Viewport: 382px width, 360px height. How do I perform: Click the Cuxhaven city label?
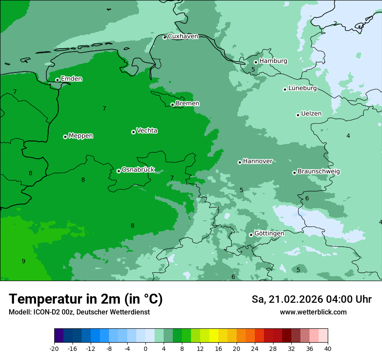[183, 36]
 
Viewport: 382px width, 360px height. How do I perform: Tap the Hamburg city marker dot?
[256, 62]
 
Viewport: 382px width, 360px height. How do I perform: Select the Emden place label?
[71, 79]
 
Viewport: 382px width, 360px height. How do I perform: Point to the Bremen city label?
[188, 104]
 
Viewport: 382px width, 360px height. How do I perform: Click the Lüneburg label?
[302, 88]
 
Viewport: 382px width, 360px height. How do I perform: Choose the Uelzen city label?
[311, 114]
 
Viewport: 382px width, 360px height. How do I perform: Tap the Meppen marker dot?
[65, 137]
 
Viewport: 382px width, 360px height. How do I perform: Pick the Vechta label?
[147, 131]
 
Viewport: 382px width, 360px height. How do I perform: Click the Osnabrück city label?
[138, 170]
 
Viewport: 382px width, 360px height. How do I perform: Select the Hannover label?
[257, 161]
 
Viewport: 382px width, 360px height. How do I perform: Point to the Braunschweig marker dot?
[294, 173]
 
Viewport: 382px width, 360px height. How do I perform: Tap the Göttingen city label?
[269, 234]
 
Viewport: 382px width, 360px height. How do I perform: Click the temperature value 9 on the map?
[23, 261]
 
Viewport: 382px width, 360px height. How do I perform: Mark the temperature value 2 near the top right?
[335, 23]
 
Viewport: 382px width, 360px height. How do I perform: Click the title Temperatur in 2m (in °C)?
[86, 299]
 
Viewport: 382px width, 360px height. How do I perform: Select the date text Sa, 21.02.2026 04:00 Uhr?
[311, 299]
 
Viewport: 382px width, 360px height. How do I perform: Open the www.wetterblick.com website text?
[313, 312]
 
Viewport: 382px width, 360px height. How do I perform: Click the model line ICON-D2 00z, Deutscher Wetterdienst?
[79, 312]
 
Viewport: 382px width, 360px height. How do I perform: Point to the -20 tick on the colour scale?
[54, 349]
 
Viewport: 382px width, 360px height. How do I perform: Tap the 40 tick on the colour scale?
[328, 349]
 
